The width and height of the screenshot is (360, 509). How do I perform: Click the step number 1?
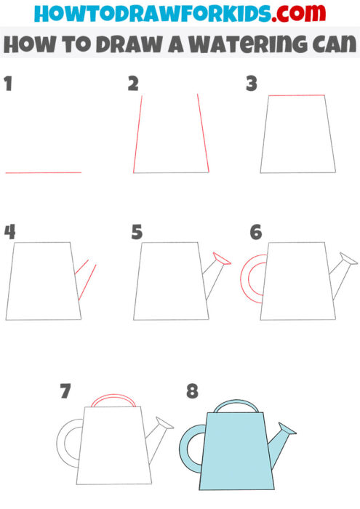point(8,84)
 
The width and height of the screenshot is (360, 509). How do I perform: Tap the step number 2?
point(133,84)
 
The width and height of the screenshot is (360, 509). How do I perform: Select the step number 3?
point(252,84)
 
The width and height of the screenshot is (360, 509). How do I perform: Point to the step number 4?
point(9,232)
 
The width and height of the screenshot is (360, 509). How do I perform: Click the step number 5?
point(137,233)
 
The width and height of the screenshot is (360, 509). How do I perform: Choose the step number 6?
point(255,233)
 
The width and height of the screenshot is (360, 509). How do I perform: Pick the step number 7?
point(65,392)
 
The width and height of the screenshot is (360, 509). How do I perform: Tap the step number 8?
point(192,392)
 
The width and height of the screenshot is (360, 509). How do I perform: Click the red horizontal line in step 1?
point(44,172)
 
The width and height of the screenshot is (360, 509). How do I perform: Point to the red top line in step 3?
point(296,95)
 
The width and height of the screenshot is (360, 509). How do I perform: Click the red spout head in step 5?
point(222,258)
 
